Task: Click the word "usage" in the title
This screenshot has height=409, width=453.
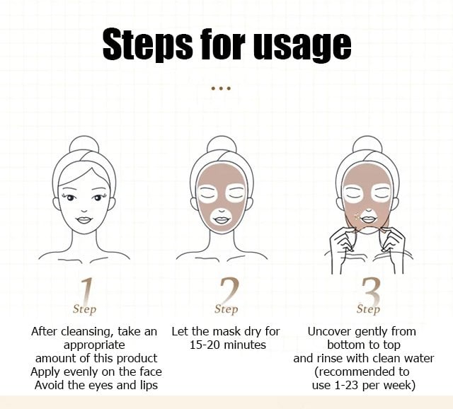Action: click(302, 45)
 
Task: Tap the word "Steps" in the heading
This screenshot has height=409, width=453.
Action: click(147, 45)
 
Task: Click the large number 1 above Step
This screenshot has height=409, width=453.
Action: click(87, 290)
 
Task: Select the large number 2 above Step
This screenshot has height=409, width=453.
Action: click(229, 290)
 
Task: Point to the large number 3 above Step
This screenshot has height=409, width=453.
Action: click(371, 290)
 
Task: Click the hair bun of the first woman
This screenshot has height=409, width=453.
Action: click(84, 144)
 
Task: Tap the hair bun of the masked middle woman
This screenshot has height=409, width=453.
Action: click(222, 144)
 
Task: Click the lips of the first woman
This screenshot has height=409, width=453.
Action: click(84, 220)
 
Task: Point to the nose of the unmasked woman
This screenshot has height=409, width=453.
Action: click(84, 211)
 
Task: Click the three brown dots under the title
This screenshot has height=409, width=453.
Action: click(221, 88)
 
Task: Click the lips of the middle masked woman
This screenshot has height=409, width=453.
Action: click(222, 220)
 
